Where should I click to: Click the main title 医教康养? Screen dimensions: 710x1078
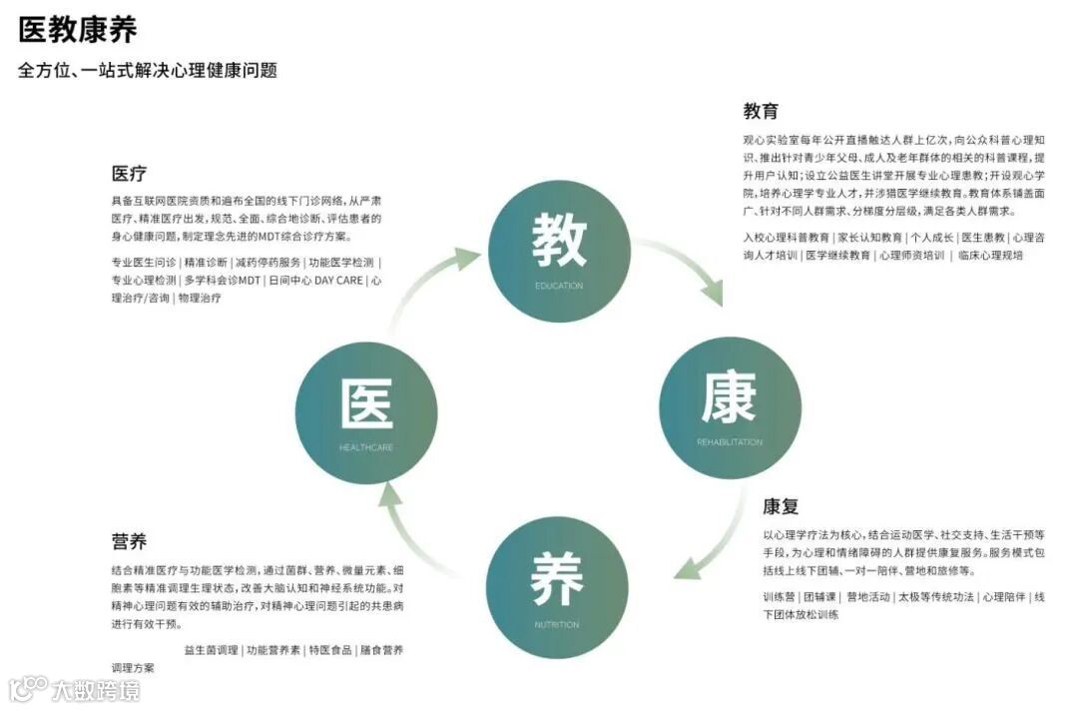click(78, 30)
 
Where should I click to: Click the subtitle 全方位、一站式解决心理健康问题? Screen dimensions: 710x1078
click(147, 71)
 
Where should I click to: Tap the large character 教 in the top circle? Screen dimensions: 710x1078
click(559, 240)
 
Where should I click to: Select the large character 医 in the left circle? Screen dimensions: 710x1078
click(366, 405)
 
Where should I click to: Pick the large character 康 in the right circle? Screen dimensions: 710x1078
click(729, 397)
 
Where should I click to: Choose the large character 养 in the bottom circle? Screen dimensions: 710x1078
click(557, 579)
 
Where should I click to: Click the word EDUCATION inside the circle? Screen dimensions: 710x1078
click(559, 287)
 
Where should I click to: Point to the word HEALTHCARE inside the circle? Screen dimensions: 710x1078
click(366, 448)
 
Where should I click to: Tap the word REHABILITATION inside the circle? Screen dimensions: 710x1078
click(730, 442)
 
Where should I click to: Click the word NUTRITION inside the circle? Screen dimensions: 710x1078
click(557, 625)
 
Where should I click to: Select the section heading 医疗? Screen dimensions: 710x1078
click(129, 174)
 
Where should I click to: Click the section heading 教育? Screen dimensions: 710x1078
click(761, 111)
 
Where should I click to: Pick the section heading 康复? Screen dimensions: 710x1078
click(781, 506)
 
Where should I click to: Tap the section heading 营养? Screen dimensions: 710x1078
click(129, 542)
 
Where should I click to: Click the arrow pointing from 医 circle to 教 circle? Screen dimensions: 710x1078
click(439, 275)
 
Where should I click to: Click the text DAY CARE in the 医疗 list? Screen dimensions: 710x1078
click(338, 281)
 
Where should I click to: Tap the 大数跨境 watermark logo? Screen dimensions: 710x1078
click(74, 689)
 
